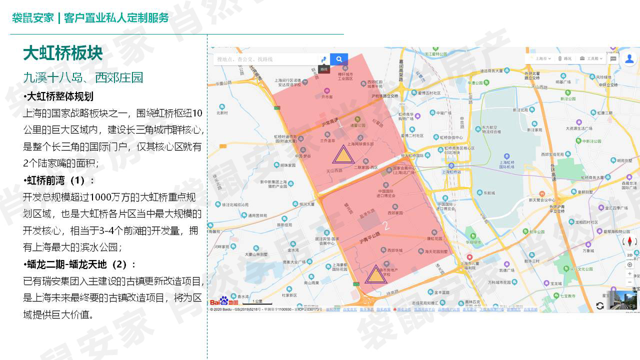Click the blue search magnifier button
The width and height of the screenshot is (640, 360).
(x=339, y=59)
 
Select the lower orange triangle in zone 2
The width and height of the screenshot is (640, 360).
(x=375, y=275)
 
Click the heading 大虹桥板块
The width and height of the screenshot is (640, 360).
(x=63, y=53)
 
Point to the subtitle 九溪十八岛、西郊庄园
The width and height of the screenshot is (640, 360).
(x=83, y=77)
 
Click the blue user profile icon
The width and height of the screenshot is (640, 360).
(x=629, y=59)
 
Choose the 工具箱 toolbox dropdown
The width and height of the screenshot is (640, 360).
(x=592, y=58)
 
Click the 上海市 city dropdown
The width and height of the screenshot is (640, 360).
(x=542, y=58)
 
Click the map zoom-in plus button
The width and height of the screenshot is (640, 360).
(x=629, y=273)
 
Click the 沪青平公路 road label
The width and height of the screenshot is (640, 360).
(x=370, y=240)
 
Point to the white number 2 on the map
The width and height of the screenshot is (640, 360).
(x=386, y=226)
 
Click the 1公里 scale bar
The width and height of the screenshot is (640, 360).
(x=257, y=302)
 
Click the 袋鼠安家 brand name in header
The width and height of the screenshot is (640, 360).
(x=33, y=18)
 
